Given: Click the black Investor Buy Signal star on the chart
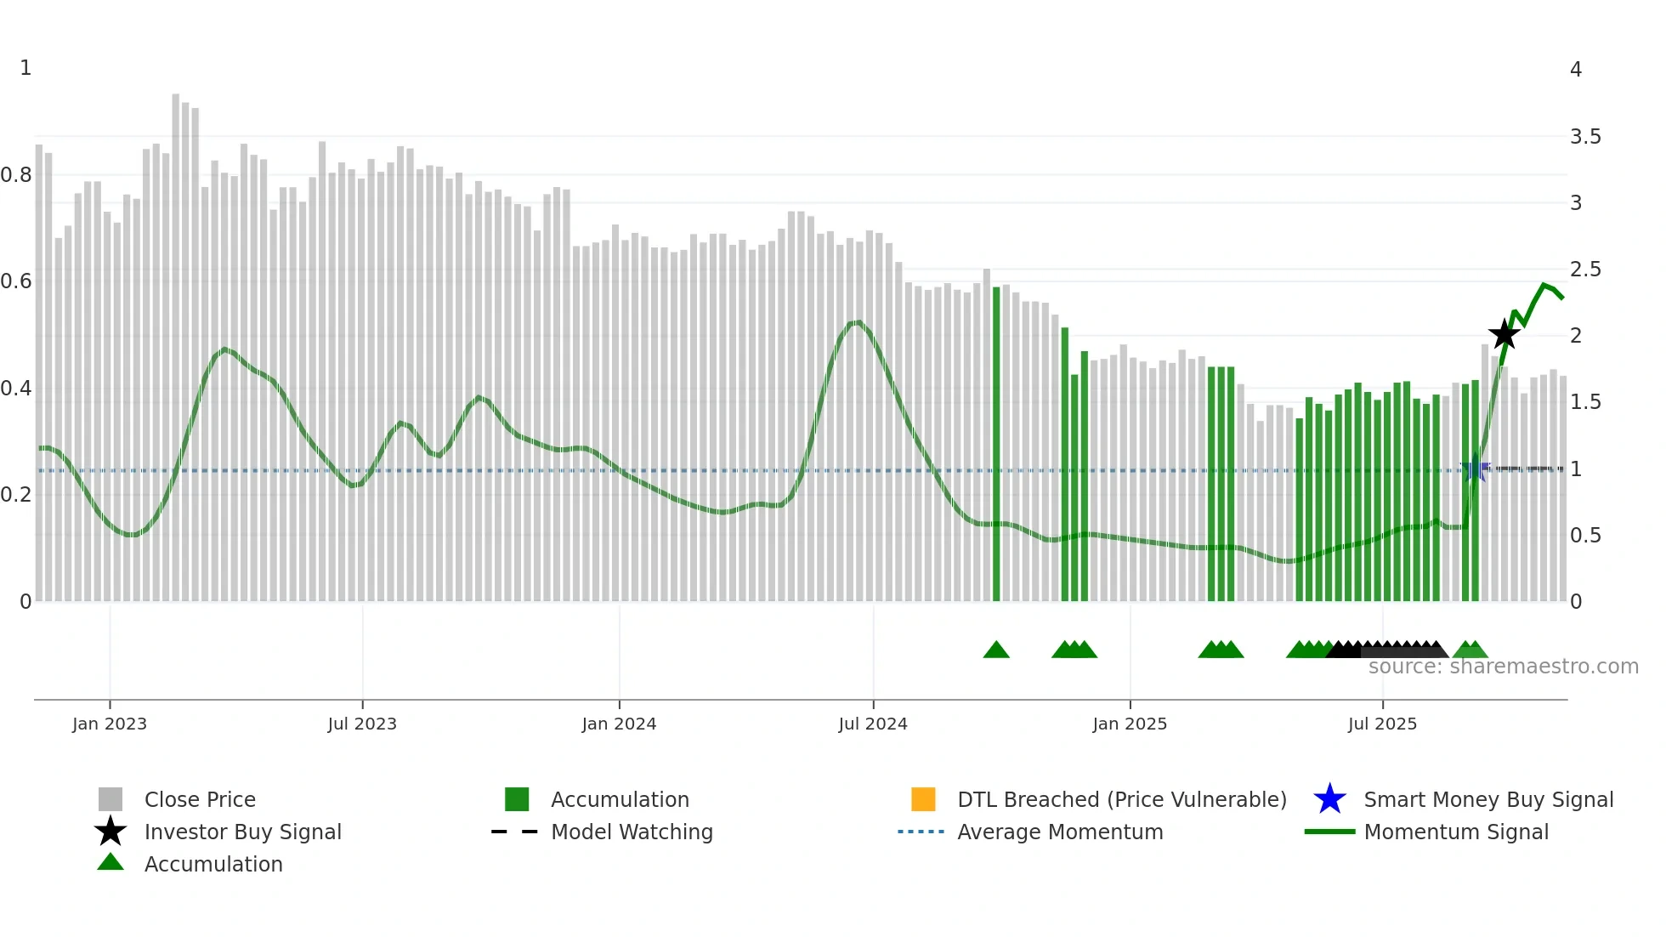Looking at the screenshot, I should click(1504, 334).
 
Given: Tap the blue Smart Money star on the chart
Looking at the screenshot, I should click(1475, 469).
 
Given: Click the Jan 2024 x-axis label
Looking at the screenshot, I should click(619, 724).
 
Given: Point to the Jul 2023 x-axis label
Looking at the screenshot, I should click(362, 724).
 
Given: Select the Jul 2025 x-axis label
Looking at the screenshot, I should click(1382, 724).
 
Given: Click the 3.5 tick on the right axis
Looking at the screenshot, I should click(1584, 137).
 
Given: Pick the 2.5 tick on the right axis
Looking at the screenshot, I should click(1584, 270).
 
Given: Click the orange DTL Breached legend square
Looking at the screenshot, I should click(923, 799).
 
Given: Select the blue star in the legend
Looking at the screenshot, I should click(1329, 799).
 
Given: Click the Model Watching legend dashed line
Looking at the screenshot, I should click(514, 832).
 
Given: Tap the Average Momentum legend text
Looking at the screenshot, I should click(1060, 832).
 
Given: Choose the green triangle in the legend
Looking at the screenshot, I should click(110, 862).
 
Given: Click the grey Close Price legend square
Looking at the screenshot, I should click(110, 799).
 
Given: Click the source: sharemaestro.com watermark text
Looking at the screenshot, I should click(1503, 667).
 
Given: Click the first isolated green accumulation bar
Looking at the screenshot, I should click(996, 442).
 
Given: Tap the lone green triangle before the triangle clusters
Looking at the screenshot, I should click(996, 650).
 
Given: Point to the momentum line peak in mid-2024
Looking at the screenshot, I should click(858, 322).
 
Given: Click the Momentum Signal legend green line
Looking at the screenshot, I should click(1329, 832).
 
